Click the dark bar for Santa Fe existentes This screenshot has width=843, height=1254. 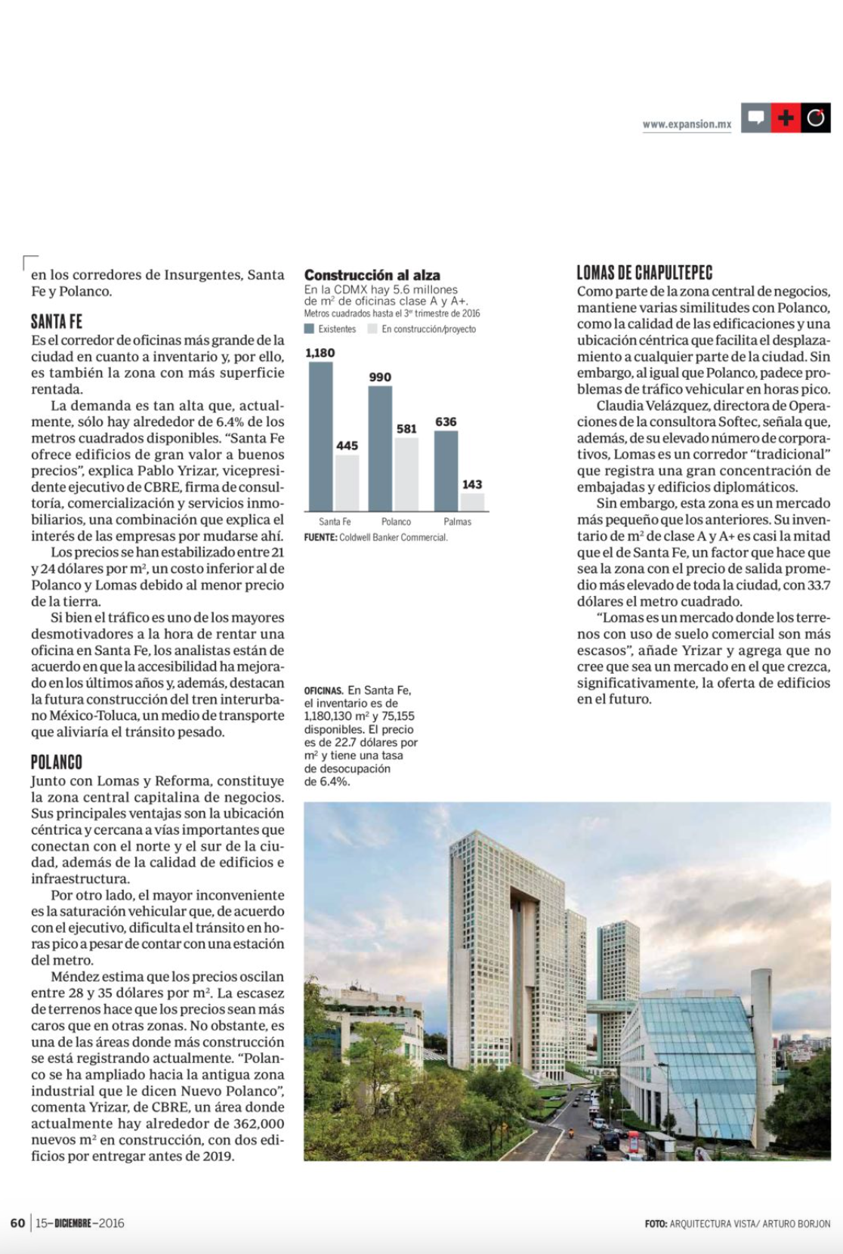click(x=320, y=436)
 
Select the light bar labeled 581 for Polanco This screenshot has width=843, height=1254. click(x=406, y=474)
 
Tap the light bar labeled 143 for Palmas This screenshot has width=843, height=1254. click(x=472, y=502)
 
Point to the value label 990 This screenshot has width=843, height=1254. click(x=380, y=377)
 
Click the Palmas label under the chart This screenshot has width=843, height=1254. click(x=457, y=522)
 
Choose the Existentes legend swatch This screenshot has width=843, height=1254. click(x=309, y=329)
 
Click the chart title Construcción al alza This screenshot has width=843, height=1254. click(x=372, y=275)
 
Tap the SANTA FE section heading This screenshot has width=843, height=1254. click(x=57, y=322)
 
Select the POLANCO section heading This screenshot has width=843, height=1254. click(x=57, y=762)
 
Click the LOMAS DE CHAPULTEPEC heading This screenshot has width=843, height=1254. click(x=644, y=273)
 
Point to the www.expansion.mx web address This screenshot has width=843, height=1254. click(x=687, y=125)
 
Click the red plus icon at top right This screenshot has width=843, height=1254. click(x=786, y=118)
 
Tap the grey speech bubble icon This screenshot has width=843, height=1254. click(x=755, y=118)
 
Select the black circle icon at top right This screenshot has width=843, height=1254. click(x=816, y=118)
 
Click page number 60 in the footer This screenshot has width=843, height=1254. click(x=17, y=1223)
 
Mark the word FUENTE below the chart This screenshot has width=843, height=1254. click(x=320, y=538)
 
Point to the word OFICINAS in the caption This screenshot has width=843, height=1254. click(x=323, y=690)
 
